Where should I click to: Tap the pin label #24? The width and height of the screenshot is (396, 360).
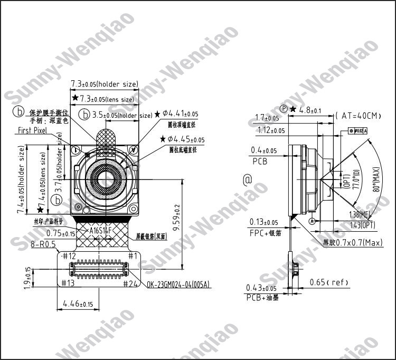[x=130, y=283]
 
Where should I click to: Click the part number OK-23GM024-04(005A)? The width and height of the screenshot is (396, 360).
[x=178, y=285]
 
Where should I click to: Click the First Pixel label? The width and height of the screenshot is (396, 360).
[x=32, y=130]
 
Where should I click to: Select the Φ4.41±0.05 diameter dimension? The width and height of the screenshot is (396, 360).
[x=180, y=113]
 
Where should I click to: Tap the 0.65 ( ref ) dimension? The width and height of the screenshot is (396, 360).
[x=329, y=282]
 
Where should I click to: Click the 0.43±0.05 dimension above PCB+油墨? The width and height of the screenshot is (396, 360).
[x=261, y=288]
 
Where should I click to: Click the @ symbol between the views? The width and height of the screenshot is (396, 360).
[x=247, y=180]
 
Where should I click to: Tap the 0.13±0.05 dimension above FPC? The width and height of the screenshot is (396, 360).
[x=263, y=222]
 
